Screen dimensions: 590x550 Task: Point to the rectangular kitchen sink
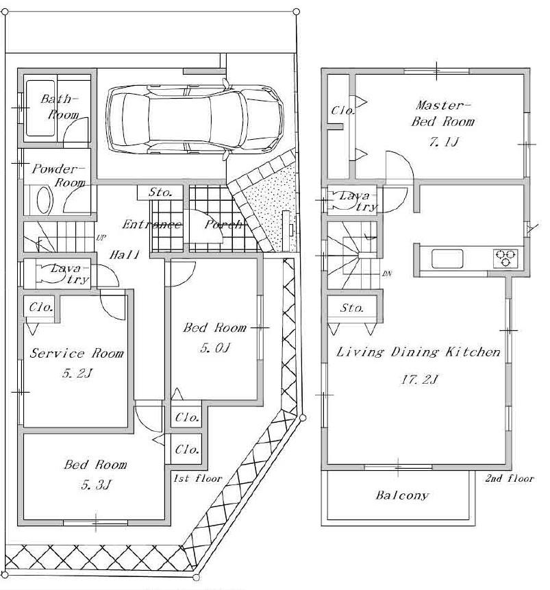[x=447, y=259]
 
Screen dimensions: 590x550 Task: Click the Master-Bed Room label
[x=442, y=113]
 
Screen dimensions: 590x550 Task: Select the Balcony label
[x=402, y=495]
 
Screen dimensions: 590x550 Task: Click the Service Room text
[x=77, y=354]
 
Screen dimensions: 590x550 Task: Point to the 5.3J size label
[x=95, y=487]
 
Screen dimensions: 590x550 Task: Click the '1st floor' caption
[x=198, y=478]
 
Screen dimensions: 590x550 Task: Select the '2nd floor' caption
[x=510, y=478]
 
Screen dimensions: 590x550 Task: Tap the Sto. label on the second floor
[x=352, y=308]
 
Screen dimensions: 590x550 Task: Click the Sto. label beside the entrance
[x=160, y=193]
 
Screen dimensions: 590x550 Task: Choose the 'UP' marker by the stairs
[x=101, y=238]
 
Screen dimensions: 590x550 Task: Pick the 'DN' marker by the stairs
[x=386, y=273]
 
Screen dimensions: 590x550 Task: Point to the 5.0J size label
[x=214, y=348]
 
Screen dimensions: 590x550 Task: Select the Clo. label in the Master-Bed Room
[x=340, y=110]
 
